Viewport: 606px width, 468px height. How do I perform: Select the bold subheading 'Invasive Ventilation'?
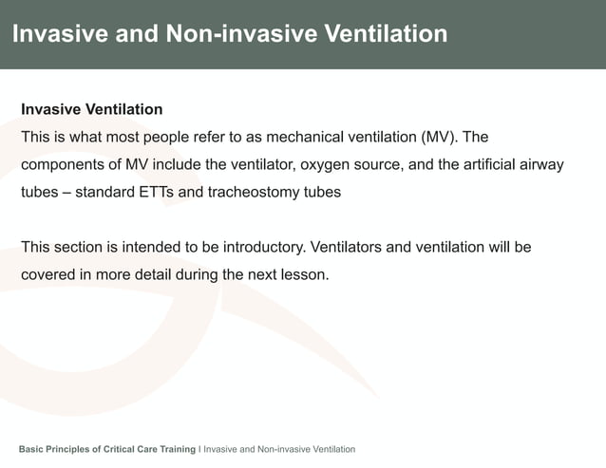tap(92, 110)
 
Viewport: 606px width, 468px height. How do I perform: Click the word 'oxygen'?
tap(328, 164)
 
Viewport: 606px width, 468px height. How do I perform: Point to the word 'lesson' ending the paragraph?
tap(305, 275)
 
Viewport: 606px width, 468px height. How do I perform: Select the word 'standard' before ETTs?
tap(105, 192)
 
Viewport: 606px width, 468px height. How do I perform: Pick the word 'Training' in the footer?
tap(173, 448)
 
